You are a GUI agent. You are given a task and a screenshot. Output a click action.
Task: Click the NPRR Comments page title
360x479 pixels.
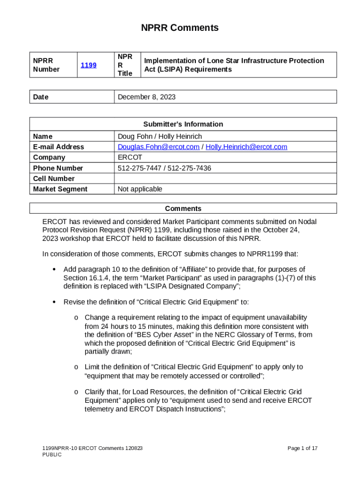180,28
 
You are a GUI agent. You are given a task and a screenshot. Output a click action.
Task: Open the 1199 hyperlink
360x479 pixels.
88,65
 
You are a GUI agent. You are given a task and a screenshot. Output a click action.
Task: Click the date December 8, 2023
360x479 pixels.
146,97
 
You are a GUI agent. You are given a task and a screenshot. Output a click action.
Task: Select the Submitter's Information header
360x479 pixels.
183,124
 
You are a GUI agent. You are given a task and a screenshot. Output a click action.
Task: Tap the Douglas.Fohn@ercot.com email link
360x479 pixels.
158,147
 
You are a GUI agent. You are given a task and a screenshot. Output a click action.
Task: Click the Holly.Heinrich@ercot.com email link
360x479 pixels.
246,147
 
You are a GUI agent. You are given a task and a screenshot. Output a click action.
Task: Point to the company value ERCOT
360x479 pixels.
130,158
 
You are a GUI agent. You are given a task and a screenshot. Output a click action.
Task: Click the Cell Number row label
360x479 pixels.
54,179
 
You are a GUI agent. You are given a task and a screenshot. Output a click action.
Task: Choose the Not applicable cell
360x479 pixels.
140,189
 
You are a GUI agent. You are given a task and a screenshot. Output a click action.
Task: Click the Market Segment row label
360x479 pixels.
60,189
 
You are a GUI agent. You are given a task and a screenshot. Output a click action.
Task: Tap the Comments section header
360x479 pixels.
183,209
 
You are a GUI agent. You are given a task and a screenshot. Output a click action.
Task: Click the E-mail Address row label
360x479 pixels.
58,147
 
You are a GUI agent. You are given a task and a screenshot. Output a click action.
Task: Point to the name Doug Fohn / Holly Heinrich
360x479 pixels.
159,136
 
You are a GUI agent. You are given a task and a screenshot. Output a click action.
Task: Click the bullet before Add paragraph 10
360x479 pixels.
55,269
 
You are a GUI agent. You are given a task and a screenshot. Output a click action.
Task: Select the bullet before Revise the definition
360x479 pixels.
55,302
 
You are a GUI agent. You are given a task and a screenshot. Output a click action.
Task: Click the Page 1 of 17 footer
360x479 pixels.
302,448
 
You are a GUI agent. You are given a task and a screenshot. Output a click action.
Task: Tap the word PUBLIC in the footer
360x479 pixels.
52,455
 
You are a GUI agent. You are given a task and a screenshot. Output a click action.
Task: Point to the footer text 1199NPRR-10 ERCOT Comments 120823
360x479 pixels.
92,448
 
